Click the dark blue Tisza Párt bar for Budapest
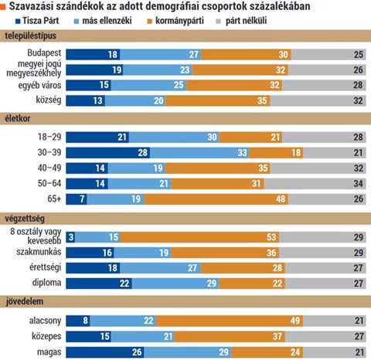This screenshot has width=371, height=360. point(93,55)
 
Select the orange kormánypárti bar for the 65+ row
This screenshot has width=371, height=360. point(216,199)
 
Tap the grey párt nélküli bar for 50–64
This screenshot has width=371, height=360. point(315,184)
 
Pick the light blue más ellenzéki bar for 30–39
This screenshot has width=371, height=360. point(199,153)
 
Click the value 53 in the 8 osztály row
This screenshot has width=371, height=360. point(271,237)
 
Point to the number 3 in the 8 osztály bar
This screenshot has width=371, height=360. point(71,237)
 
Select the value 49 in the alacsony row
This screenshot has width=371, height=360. point(295,321)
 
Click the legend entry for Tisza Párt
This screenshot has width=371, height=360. point(37,21)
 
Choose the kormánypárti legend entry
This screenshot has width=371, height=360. point(175,21)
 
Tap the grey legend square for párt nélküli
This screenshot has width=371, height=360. point(219,22)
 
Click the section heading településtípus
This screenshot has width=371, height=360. point(31,36)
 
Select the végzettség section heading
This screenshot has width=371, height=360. point(25,219)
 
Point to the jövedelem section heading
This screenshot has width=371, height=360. point(25,301)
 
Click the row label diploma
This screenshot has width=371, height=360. point(46,283)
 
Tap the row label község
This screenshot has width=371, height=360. point(49,100)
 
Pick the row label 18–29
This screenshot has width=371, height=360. point(49,137)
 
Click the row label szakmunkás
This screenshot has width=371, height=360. point(39,252)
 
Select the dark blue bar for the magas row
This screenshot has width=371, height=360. point(105,352)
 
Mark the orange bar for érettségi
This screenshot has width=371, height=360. point(243,268)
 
